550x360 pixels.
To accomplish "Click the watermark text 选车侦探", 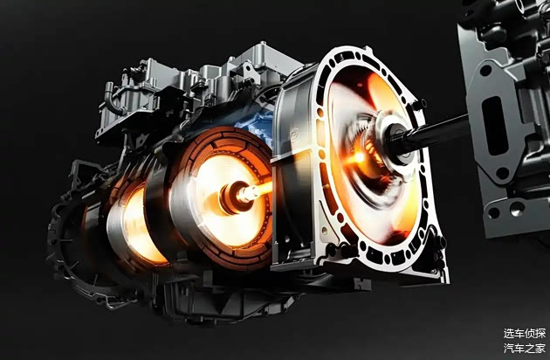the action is coord(525,333).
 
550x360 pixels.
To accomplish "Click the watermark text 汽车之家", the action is coord(525,348).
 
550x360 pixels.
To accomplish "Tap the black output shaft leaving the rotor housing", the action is coord(434,131).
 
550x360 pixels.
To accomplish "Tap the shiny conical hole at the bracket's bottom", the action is coord(518,209).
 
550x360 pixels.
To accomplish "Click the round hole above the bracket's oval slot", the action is coord(485,70).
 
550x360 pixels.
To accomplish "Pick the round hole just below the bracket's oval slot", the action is coord(502,173).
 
